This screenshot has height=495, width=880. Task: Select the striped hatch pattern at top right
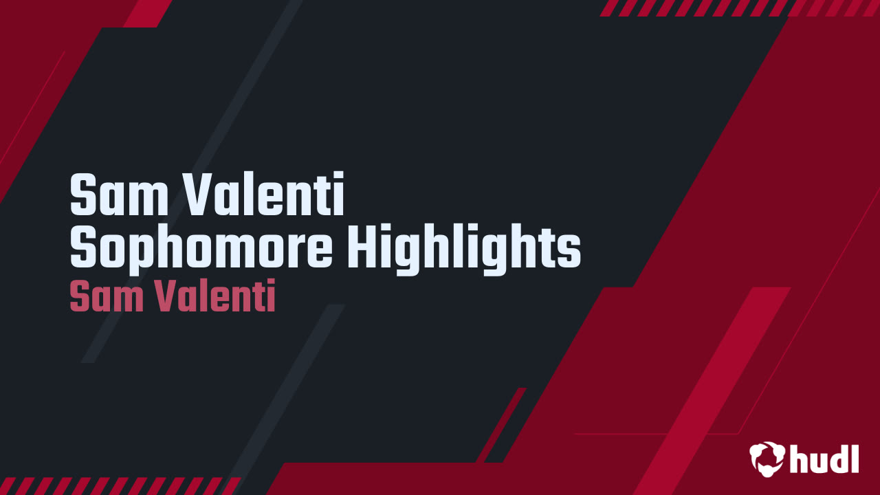click(739, 8)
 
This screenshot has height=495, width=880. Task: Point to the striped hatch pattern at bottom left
click(120, 485)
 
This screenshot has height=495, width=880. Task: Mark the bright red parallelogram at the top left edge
click(148, 13)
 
